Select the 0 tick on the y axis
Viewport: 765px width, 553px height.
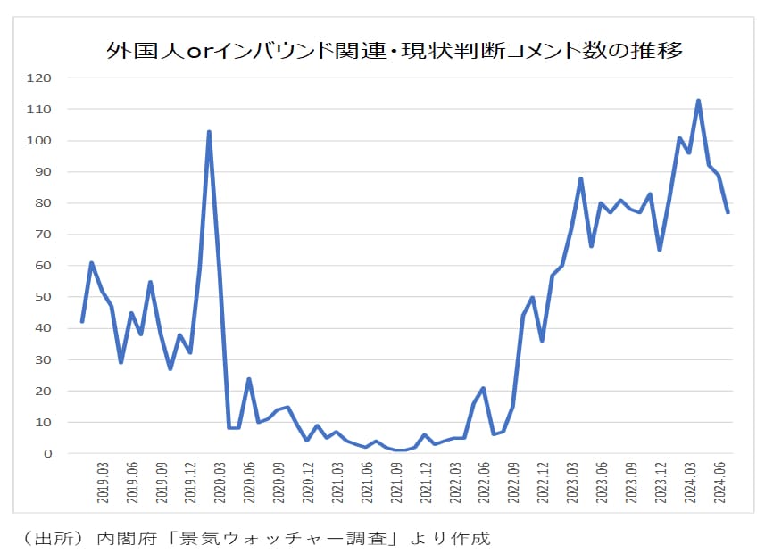48,454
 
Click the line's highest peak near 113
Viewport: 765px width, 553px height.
698,101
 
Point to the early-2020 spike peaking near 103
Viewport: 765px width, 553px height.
209,132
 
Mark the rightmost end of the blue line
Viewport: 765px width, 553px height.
728,212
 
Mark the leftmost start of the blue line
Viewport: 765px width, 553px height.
82,321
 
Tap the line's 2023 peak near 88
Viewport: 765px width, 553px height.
581,178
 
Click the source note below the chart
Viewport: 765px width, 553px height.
254,538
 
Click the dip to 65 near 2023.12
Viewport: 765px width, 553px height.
659,250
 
